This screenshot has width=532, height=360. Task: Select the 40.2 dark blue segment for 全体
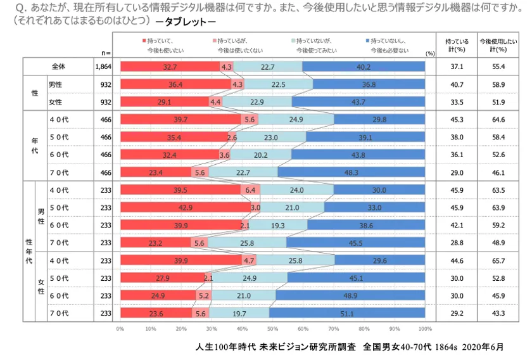(364, 67)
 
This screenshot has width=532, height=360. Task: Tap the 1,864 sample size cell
(103, 67)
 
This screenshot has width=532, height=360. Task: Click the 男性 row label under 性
(56, 84)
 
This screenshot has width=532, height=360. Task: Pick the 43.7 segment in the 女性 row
(358, 101)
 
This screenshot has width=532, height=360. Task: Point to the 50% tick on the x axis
(272, 329)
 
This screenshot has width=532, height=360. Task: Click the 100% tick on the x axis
(425, 329)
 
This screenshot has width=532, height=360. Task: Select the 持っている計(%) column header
(457, 44)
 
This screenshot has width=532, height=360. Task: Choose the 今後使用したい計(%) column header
(498, 44)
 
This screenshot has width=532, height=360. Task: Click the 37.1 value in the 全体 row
(457, 67)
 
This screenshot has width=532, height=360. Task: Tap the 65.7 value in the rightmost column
(498, 260)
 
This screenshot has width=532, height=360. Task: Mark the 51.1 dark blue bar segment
(347, 312)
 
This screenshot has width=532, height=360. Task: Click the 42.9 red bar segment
(186, 207)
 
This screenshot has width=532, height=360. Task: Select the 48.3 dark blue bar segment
(351, 172)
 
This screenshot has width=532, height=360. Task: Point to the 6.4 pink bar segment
(250, 190)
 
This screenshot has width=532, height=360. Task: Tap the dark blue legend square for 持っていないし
(367, 39)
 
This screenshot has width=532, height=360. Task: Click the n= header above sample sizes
(106, 53)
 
